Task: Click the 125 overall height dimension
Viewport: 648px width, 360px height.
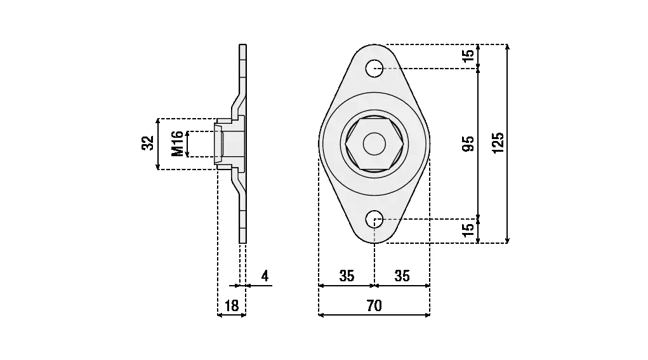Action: (498, 143)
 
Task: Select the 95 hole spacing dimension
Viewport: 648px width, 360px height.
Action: (468, 143)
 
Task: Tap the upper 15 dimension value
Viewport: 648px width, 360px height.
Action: (468, 55)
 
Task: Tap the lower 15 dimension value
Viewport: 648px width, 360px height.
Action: (468, 230)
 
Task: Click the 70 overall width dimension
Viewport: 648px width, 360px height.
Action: (374, 306)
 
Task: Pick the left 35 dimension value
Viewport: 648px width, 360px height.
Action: (347, 276)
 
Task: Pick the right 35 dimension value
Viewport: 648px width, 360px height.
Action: (402, 276)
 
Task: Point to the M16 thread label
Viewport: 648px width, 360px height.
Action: (177, 144)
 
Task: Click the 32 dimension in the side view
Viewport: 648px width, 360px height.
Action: (148, 143)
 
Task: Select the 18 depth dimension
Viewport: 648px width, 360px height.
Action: (232, 306)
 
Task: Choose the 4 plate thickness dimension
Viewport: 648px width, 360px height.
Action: (265, 276)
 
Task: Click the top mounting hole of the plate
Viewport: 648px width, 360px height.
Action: (374, 68)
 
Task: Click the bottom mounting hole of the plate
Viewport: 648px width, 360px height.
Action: (374, 218)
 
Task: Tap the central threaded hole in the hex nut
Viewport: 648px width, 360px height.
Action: (374, 143)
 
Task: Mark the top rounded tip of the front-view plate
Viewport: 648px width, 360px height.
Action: (374, 44)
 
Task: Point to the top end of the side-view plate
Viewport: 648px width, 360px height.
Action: (243, 44)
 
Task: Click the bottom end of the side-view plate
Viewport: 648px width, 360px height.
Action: (243, 243)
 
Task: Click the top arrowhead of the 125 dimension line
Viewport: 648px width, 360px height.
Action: (508, 46)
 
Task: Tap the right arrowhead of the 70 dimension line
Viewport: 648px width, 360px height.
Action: (428, 315)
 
